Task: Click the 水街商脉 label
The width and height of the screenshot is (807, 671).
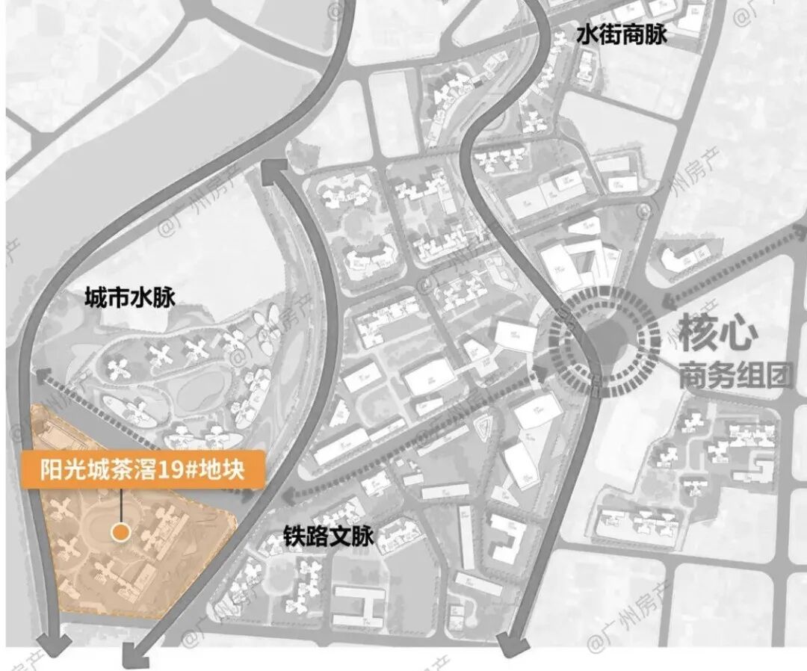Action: point(621,35)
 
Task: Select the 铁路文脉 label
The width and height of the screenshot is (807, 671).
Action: point(327,537)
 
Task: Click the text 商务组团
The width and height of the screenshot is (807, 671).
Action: point(735,375)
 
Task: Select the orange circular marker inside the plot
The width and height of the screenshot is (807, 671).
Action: point(120,532)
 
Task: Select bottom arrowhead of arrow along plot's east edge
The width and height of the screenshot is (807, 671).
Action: point(134,658)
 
